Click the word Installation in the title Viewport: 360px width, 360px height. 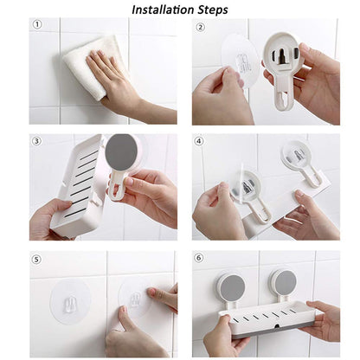click(x=162, y=10)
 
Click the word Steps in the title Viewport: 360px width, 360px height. click(x=212, y=10)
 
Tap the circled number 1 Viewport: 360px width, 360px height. click(x=37, y=25)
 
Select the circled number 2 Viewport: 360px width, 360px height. click(x=200, y=26)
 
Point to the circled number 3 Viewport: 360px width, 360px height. click(x=37, y=141)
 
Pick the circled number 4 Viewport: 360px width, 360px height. click(x=200, y=141)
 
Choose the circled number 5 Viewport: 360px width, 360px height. click(x=37, y=259)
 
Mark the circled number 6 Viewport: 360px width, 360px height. click(x=200, y=259)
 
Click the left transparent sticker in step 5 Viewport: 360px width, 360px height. click(x=71, y=299)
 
